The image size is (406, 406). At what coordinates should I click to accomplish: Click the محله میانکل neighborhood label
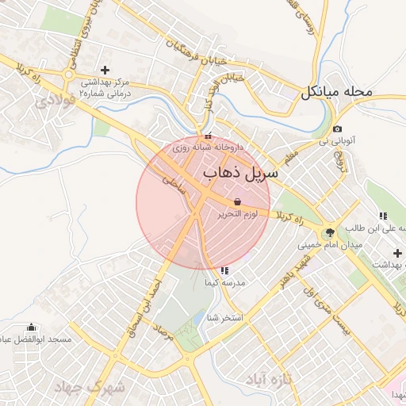(336, 92)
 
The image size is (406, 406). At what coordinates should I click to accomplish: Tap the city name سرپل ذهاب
(241, 171)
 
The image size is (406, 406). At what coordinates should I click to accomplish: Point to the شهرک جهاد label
(92, 388)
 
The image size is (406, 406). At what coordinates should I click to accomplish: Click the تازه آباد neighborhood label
(270, 378)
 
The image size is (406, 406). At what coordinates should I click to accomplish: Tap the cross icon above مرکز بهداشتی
(105, 70)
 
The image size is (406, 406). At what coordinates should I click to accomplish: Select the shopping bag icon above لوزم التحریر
(238, 201)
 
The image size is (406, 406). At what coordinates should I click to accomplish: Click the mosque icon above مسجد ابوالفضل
(32, 327)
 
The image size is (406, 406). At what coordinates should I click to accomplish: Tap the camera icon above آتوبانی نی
(338, 129)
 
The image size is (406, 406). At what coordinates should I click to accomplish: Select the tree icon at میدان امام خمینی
(329, 232)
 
